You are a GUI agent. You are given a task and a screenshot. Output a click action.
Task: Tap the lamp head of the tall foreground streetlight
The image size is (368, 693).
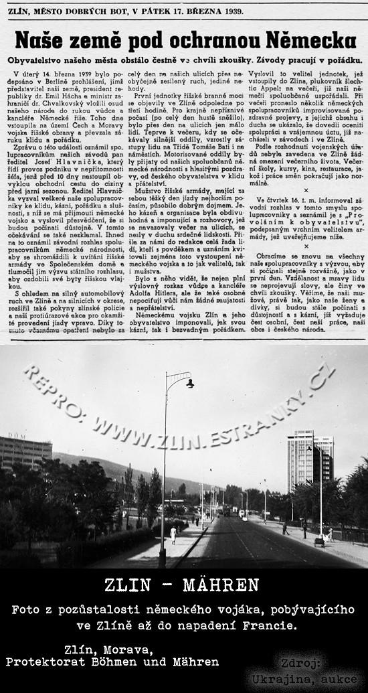pyautogui.click(x=190, y=383)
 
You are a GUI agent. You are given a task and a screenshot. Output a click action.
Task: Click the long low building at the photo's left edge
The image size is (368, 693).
pyautogui.click(x=25, y=452)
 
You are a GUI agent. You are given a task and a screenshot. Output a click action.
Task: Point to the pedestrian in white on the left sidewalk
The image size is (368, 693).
pyautogui.click(x=173, y=534)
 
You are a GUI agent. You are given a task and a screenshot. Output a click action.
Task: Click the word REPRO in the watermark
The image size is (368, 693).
pyautogui.click(x=47, y=382)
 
